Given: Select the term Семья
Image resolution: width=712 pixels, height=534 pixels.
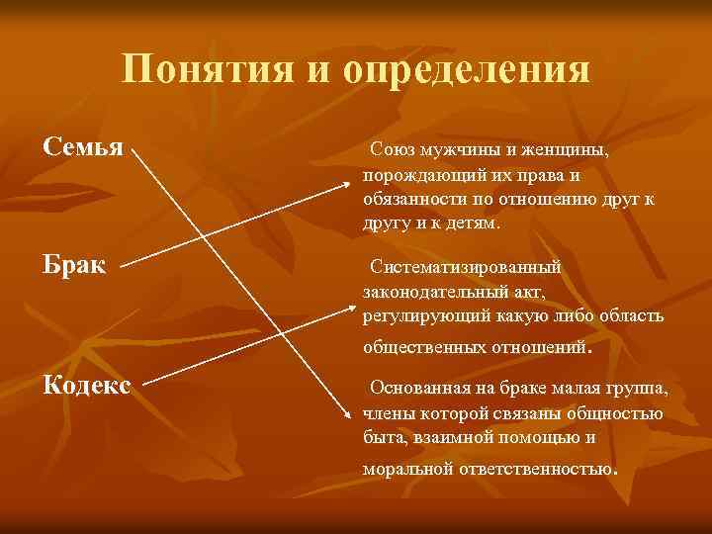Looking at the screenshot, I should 83,147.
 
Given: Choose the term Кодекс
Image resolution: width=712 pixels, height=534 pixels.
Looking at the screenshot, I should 87,384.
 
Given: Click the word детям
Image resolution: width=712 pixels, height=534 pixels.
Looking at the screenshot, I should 474,223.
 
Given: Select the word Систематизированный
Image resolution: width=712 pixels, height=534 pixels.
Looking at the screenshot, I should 465,267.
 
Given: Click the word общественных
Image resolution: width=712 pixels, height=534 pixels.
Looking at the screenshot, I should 426,348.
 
